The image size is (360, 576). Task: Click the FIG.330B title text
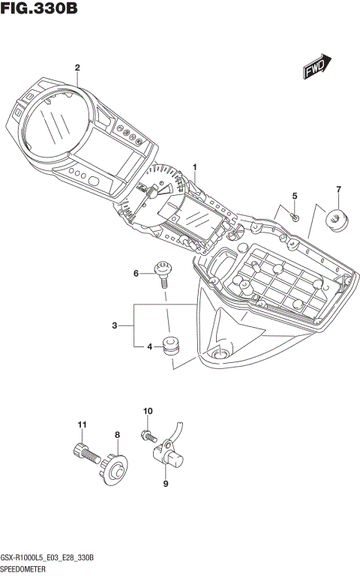click(39, 9)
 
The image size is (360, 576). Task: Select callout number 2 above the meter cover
click(76, 67)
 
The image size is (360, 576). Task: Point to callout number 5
click(295, 196)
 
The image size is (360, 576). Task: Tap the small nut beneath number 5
click(295, 217)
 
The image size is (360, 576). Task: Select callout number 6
click(136, 273)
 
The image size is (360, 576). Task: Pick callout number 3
click(114, 325)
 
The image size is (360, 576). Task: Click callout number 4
click(149, 346)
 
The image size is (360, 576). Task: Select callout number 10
click(147, 411)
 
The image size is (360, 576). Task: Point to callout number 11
click(81, 425)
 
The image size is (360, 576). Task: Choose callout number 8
click(117, 434)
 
